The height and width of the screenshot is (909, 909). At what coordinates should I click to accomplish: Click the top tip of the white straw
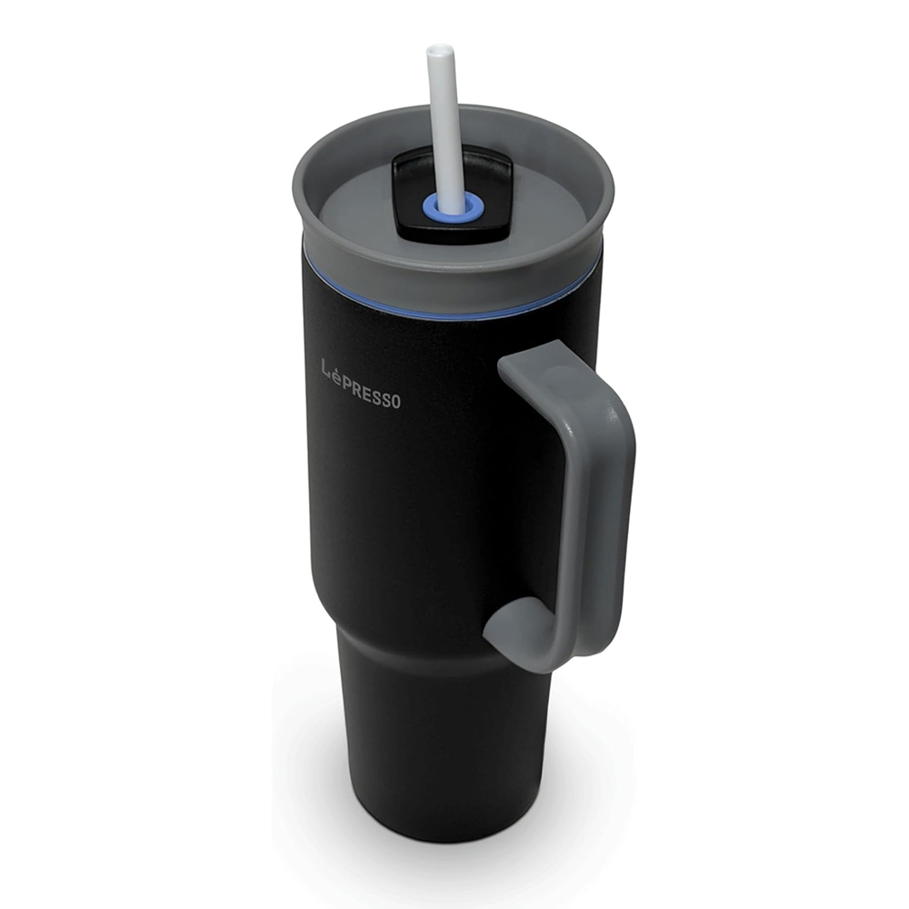pos(433,50)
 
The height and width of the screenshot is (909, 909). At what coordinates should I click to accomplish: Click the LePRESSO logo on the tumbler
pos(361,384)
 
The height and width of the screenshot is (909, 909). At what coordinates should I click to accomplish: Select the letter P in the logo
pos(351,380)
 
